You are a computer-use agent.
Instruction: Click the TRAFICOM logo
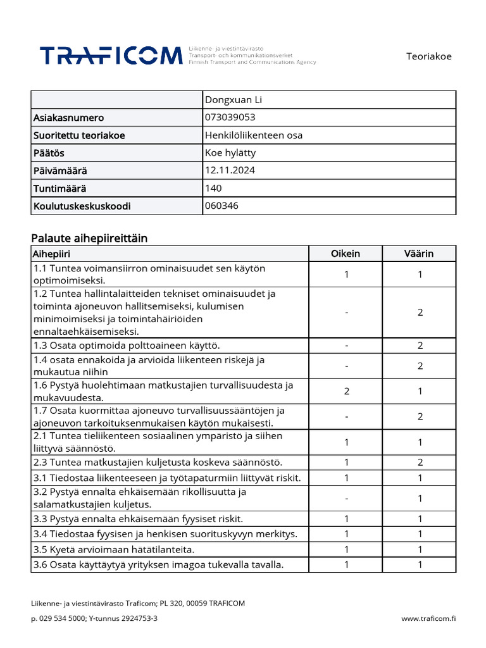tap(111, 56)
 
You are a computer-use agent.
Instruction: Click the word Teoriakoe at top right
tap(428, 56)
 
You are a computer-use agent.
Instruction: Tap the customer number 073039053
tap(230, 117)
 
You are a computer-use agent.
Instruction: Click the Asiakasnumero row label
tap(68, 118)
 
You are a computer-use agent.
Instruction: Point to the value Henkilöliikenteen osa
tap(254, 135)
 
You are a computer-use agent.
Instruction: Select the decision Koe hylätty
tap(230, 153)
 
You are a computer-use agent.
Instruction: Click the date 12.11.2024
tap(230, 170)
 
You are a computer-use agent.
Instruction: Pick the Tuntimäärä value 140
tap(214, 188)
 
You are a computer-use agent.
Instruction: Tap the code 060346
tap(222, 206)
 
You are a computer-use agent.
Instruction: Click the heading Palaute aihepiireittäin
tap(89, 238)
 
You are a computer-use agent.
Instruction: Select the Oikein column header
tap(346, 254)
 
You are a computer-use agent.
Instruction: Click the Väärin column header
tap(420, 254)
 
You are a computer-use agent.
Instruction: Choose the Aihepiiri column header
tap(52, 254)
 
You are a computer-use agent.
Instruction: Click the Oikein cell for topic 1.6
tap(346, 391)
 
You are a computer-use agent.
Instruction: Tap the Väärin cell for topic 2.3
tap(420, 462)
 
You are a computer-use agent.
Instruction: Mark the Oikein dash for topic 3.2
tap(346, 498)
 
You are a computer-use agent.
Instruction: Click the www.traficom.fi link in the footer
tap(428, 618)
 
